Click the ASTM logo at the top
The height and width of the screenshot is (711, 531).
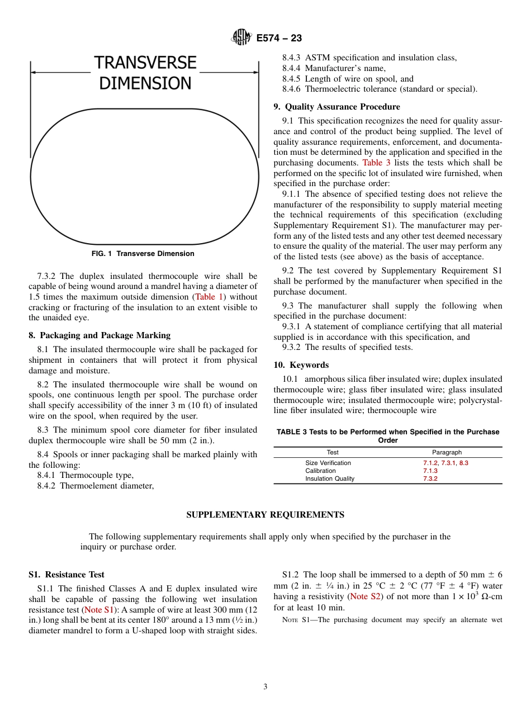(241, 37)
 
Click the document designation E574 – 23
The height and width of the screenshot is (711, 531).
(279, 38)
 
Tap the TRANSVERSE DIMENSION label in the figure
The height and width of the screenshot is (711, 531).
(145, 73)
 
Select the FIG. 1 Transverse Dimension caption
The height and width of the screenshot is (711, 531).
(143, 254)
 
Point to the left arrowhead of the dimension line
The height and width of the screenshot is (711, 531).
(32, 72)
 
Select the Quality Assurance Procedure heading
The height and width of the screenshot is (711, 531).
(336, 107)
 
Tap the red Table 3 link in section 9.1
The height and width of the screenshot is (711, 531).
(377, 163)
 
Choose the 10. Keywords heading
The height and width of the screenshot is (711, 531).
(301, 365)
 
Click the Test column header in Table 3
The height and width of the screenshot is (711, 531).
(333, 452)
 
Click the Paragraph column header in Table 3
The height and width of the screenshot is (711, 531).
(447, 452)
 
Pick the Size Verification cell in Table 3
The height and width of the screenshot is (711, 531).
(328, 463)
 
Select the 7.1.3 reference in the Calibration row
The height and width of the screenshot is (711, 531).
(430, 471)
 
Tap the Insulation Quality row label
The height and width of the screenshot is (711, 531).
(330, 478)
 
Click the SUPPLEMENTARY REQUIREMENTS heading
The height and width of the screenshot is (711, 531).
(265, 515)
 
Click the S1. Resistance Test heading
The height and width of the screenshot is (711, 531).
(67, 575)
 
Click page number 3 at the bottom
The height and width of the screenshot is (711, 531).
(265, 687)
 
